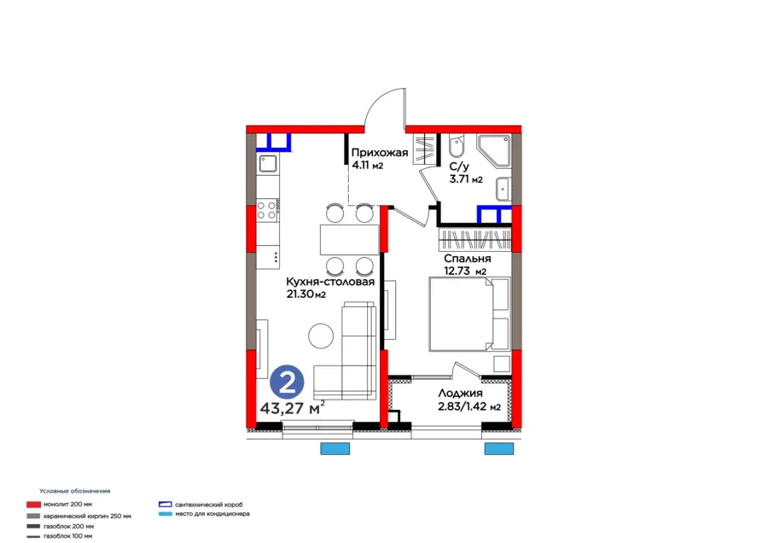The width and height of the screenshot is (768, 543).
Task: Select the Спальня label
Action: coord(467,259)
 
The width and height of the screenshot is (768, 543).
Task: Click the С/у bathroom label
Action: coord(458,167)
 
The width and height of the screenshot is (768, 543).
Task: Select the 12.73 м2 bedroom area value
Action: coord(464,271)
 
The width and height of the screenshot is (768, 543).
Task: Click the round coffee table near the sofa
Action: coord(322,335)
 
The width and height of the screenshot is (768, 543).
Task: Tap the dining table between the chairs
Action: coord(348,238)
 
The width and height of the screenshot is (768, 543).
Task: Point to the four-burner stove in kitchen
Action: coord(266,209)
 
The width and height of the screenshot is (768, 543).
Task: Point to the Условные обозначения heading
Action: coord(74,491)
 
